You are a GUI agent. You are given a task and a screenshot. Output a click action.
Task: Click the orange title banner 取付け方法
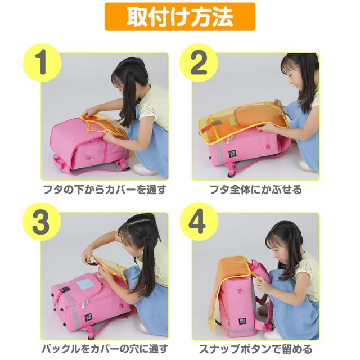[x=180, y=17]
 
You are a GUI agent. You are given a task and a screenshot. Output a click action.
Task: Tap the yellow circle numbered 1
[x=42, y=62]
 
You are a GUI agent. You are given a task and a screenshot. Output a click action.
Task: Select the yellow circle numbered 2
[x=199, y=62]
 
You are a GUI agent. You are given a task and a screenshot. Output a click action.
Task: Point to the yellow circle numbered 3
[x=42, y=222]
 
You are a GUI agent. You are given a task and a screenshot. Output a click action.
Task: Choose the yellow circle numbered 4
[x=199, y=222]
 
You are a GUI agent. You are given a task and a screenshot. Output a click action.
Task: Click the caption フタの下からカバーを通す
[x=105, y=190]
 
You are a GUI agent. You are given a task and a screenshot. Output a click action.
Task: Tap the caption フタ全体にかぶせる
[x=256, y=190]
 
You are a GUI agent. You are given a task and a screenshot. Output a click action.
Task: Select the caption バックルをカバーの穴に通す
[x=105, y=349]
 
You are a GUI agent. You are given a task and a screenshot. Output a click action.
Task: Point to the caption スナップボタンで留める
[x=256, y=349]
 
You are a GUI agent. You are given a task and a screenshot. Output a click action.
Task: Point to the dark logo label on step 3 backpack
[x=88, y=319]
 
